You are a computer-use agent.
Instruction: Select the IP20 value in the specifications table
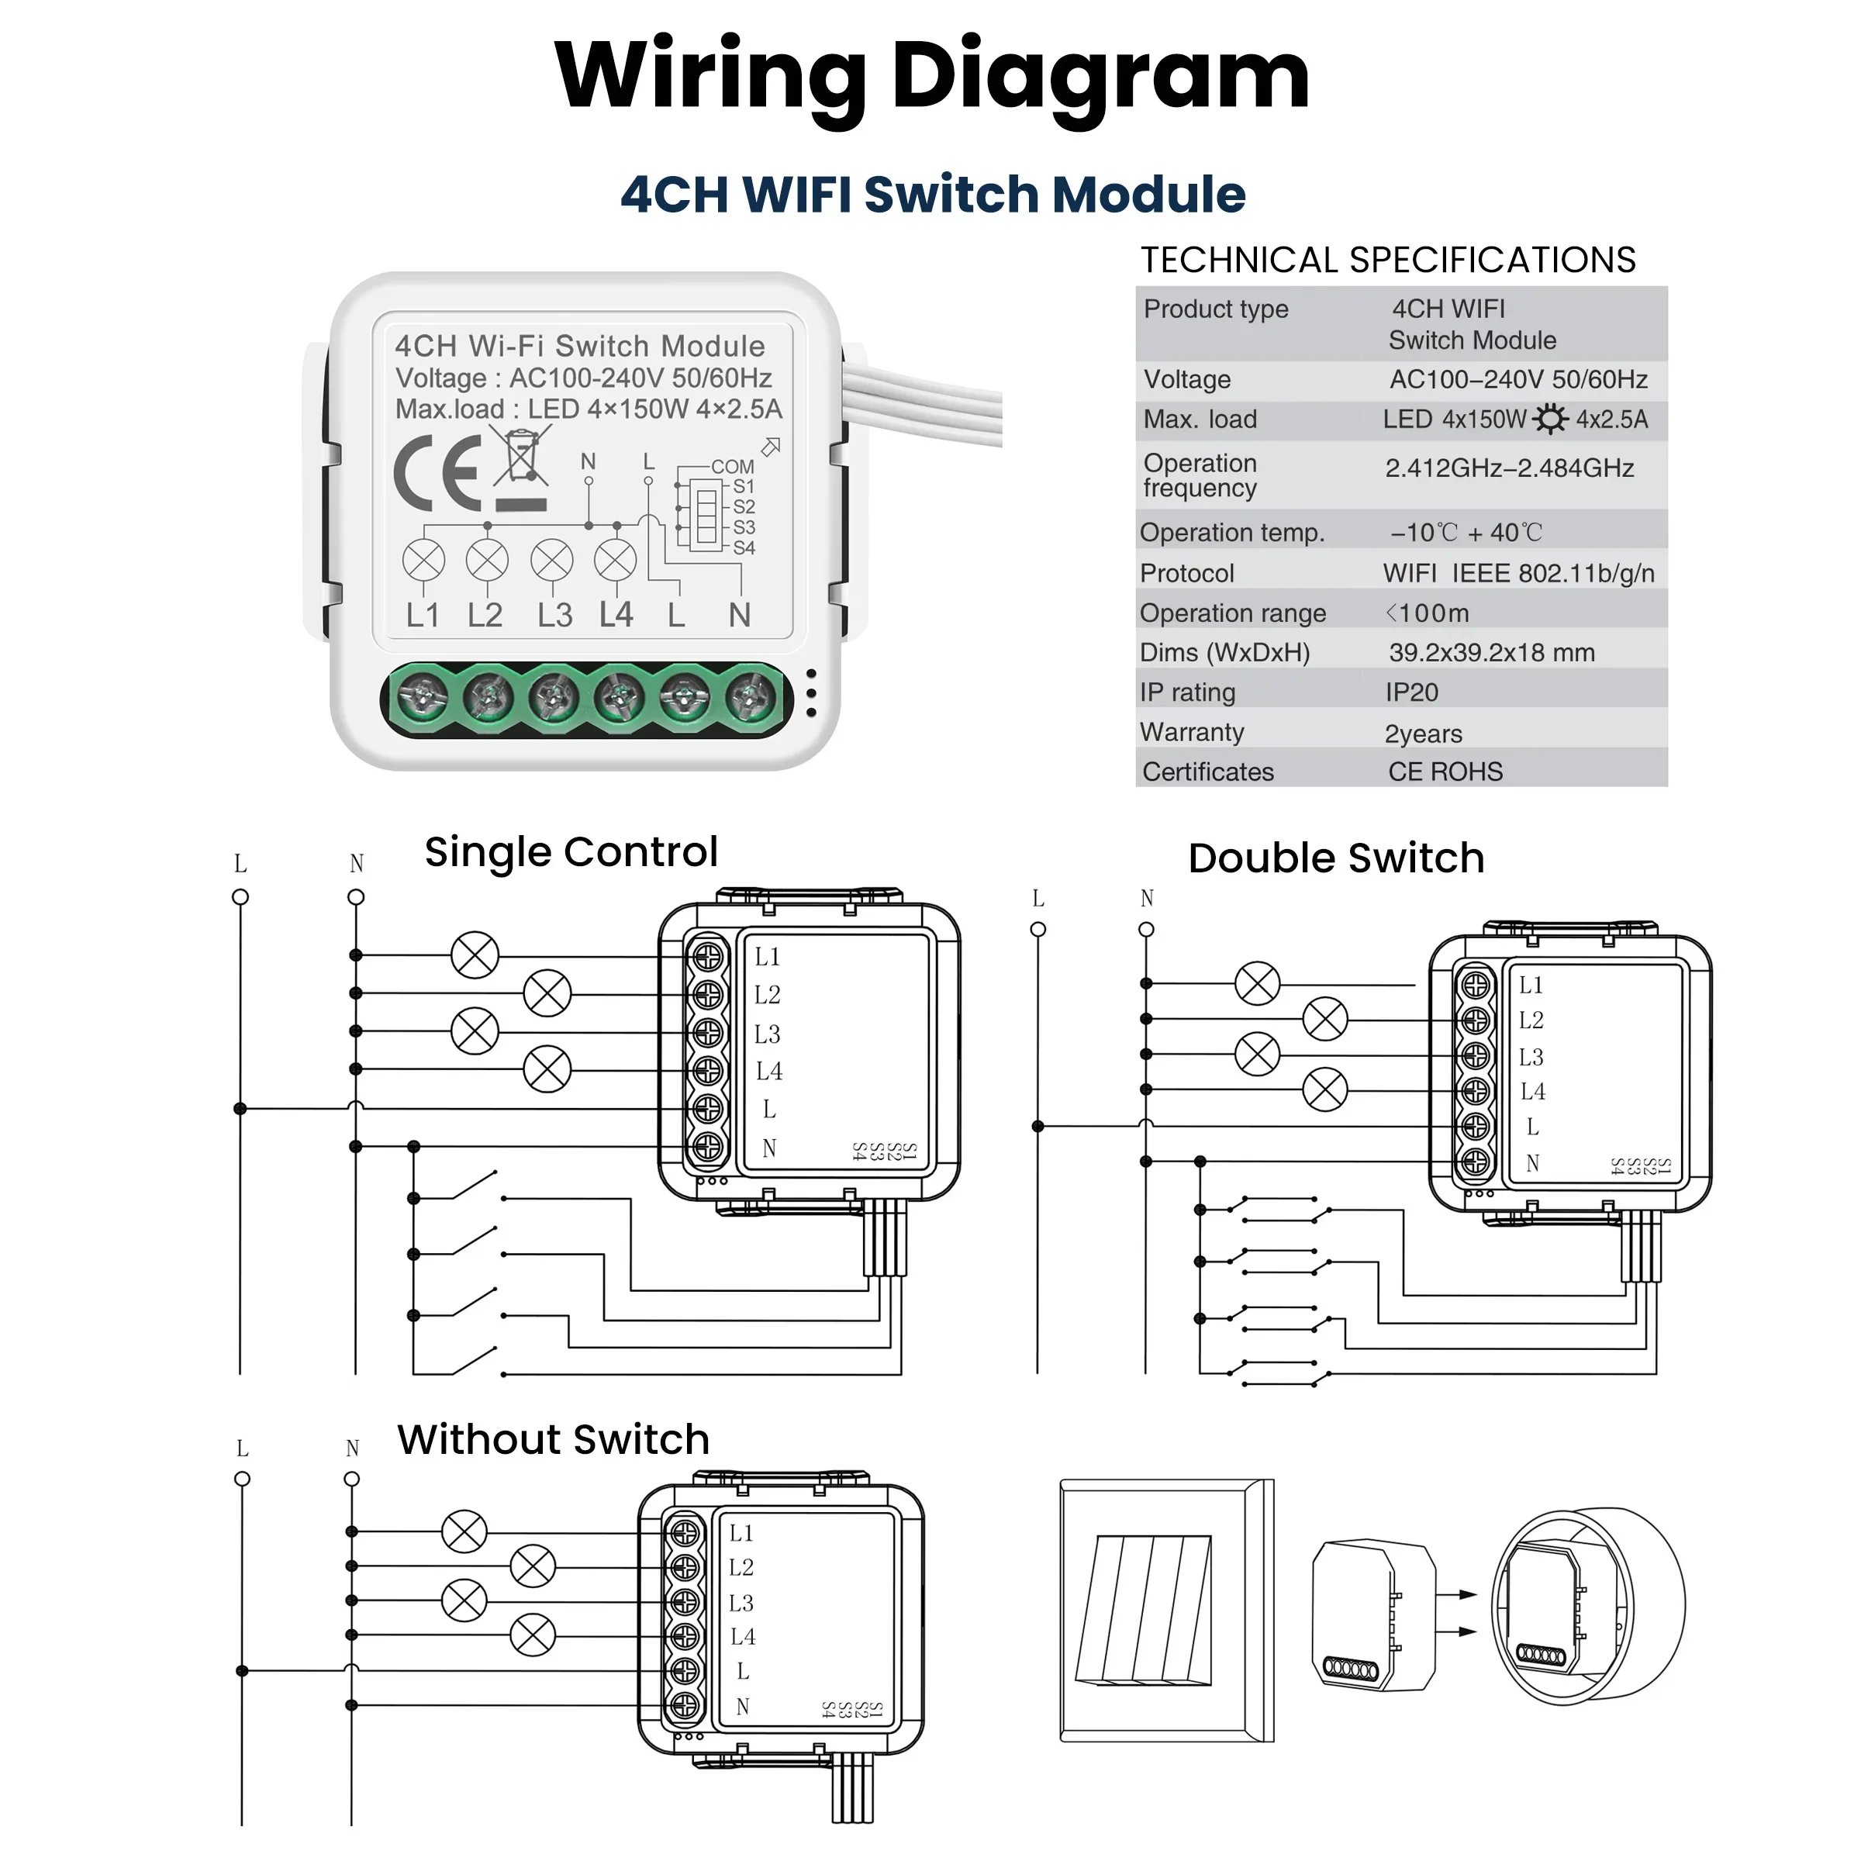[x=1411, y=692]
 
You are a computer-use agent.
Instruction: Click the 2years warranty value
[x=1423, y=734]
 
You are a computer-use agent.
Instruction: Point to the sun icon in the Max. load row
[x=1550, y=420]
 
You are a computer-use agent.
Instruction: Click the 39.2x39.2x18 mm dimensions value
[x=1491, y=653]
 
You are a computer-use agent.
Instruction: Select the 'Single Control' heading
[x=571, y=852]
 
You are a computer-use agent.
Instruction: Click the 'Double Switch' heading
[x=1336, y=858]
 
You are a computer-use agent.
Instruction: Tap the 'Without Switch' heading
[x=553, y=1440]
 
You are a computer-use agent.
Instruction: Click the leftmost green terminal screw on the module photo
[x=423, y=696]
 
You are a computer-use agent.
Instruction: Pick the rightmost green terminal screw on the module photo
[x=751, y=696]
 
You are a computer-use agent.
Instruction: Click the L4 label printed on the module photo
[x=616, y=615]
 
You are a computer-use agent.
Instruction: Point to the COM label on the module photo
[x=732, y=466]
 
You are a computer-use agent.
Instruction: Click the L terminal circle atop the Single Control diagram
[x=241, y=898]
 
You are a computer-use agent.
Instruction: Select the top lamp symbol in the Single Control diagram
[x=475, y=955]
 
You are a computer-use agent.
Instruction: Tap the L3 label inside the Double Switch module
[x=1531, y=1058]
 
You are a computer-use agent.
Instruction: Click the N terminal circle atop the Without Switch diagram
[x=351, y=1479]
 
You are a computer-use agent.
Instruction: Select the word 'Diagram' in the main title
[x=1100, y=77]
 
